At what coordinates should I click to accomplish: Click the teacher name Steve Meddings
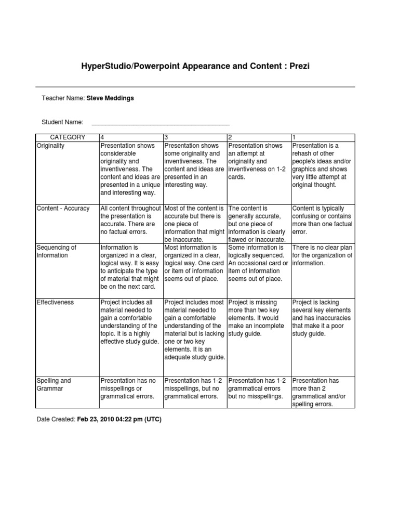(x=110, y=98)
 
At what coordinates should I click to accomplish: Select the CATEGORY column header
(x=68, y=137)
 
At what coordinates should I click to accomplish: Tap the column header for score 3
(x=166, y=137)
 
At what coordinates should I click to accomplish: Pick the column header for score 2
(x=231, y=137)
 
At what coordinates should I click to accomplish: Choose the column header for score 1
(x=295, y=137)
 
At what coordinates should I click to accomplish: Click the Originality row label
(x=51, y=146)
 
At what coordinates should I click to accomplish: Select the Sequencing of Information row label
(x=56, y=251)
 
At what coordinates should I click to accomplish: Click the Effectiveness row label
(x=56, y=302)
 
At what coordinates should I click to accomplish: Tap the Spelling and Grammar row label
(x=54, y=384)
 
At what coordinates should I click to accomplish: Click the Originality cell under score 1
(x=323, y=165)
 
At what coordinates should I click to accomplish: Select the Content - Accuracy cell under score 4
(x=130, y=220)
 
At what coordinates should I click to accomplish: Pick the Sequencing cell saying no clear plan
(x=323, y=255)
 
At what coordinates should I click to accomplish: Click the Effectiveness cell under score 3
(x=195, y=330)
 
